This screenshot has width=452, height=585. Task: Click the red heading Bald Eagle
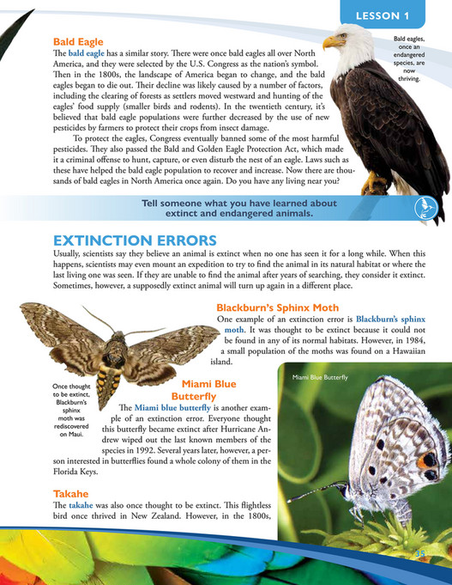[78, 40]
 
